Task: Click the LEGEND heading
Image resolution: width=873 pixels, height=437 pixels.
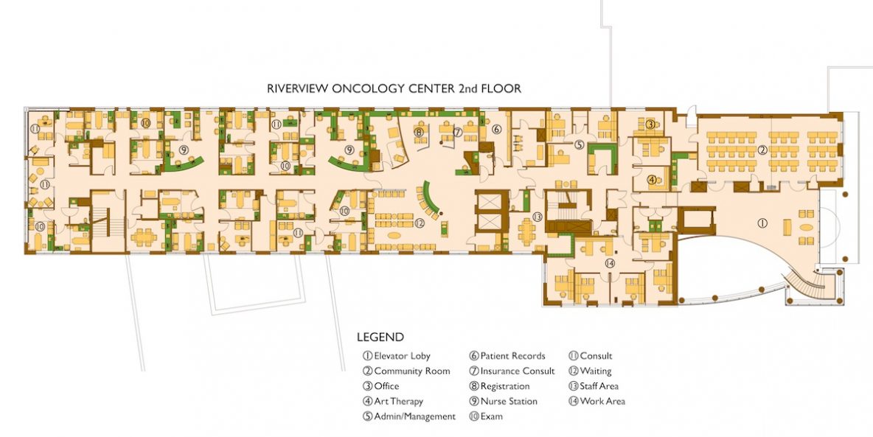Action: [x=380, y=338]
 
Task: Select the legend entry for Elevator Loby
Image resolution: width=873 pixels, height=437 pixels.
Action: [x=397, y=357]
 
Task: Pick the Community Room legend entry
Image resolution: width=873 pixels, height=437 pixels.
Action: [x=406, y=371]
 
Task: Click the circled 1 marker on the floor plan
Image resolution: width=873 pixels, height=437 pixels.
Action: [x=764, y=221]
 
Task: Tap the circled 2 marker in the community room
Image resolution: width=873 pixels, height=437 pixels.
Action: [x=763, y=150]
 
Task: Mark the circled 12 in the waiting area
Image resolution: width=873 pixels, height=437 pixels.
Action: [x=420, y=223]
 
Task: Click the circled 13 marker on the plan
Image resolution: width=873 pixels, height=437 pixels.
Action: [x=538, y=217]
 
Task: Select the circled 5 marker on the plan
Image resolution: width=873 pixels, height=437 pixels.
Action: [x=580, y=145]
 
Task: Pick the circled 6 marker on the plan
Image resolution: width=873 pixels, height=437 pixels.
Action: [x=497, y=130]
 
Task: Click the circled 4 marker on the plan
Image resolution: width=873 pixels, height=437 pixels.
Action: [x=652, y=179]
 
